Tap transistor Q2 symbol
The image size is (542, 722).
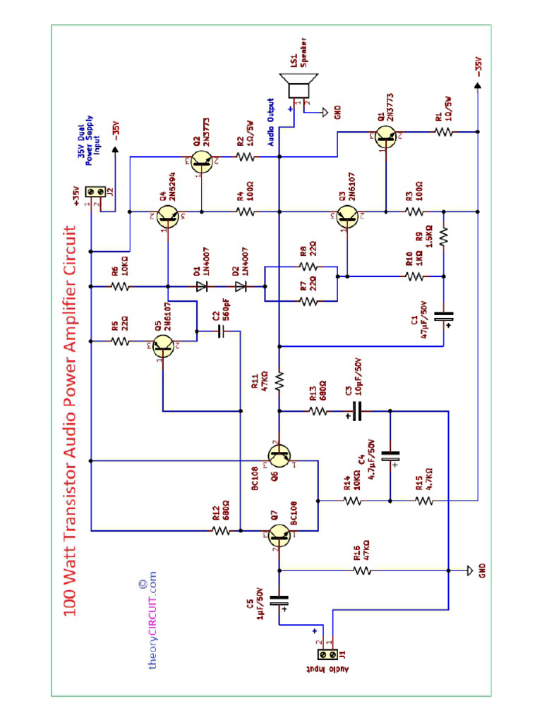[x=201, y=161]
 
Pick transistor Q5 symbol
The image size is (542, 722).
[x=165, y=345]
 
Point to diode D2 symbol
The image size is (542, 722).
[x=241, y=286]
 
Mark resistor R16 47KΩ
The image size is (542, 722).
[x=362, y=570]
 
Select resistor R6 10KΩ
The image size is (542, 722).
[x=121, y=286]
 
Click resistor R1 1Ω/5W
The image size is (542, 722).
[x=442, y=131]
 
